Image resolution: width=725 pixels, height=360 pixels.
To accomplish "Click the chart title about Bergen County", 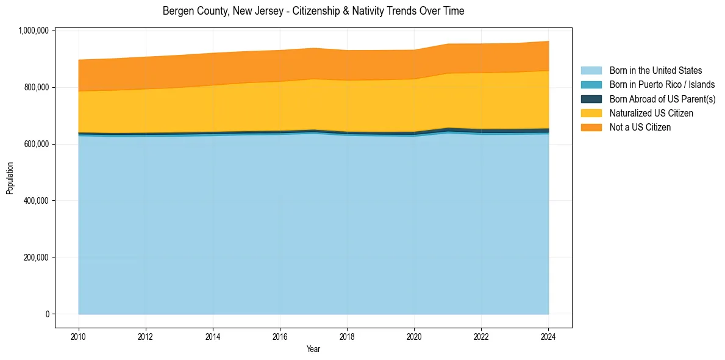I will (x=313, y=11).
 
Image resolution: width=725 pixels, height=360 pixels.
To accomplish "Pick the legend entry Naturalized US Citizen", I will (x=651, y=113).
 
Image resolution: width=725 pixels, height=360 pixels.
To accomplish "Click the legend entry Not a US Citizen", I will (x=640, y=127).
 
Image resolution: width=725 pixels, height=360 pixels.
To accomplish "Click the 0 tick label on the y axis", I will (x=47, y=314).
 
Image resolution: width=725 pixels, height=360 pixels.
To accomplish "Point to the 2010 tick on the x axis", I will (x=78, y=336).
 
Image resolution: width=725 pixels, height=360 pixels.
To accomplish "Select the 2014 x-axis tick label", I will (x=213, y=336).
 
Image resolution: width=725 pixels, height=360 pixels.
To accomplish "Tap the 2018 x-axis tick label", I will (x=347, y=336).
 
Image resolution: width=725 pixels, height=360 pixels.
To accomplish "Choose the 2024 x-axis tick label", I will (x=548, y=336).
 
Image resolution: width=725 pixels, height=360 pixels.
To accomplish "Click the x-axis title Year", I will (x=313, y=350).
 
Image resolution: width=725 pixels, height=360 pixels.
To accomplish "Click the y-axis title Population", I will (x=10, y=178).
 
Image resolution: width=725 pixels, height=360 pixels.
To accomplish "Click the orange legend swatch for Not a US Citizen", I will (x=591, y=127).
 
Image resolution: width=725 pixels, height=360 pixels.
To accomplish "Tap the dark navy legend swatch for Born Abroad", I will (x=591, y=99).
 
